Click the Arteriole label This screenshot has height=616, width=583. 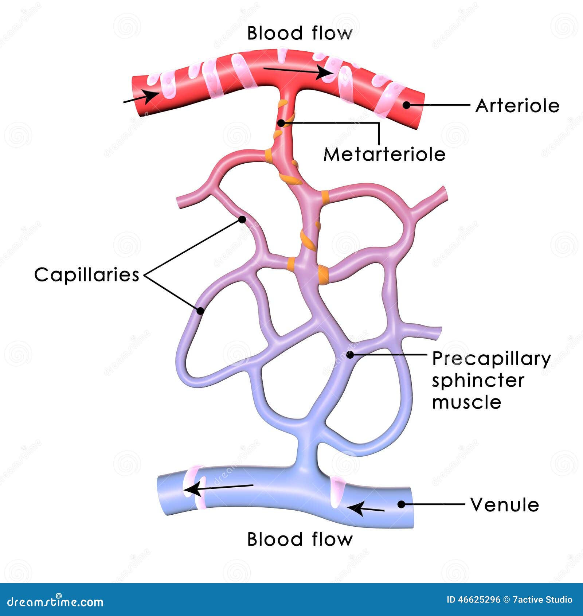(x=517, y=106)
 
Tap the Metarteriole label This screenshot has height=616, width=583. (x=384, y=155)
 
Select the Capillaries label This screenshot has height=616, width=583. (x=87, y=274)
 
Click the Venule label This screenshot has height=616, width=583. (x=505, y=505)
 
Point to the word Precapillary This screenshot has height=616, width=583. (x=491, y=359)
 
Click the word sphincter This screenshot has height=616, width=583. (x=478, y=381)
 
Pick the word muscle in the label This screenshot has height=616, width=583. (x=467, y=402)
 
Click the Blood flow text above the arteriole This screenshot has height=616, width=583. (x=300, y=33)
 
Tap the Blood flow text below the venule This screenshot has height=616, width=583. (x=300, y=539)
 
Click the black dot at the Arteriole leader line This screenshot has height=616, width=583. (x=406, y=105)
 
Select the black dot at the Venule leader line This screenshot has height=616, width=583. (x=401, y=504)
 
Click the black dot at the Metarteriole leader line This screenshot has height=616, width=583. (x=281, y=123)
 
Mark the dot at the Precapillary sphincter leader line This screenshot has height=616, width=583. (x=350, y=354)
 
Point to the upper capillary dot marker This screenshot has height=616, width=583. (x=242, y=219)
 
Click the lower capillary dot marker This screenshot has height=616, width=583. (x=200, y=311)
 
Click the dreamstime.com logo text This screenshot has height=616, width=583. (x=55, y=602)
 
